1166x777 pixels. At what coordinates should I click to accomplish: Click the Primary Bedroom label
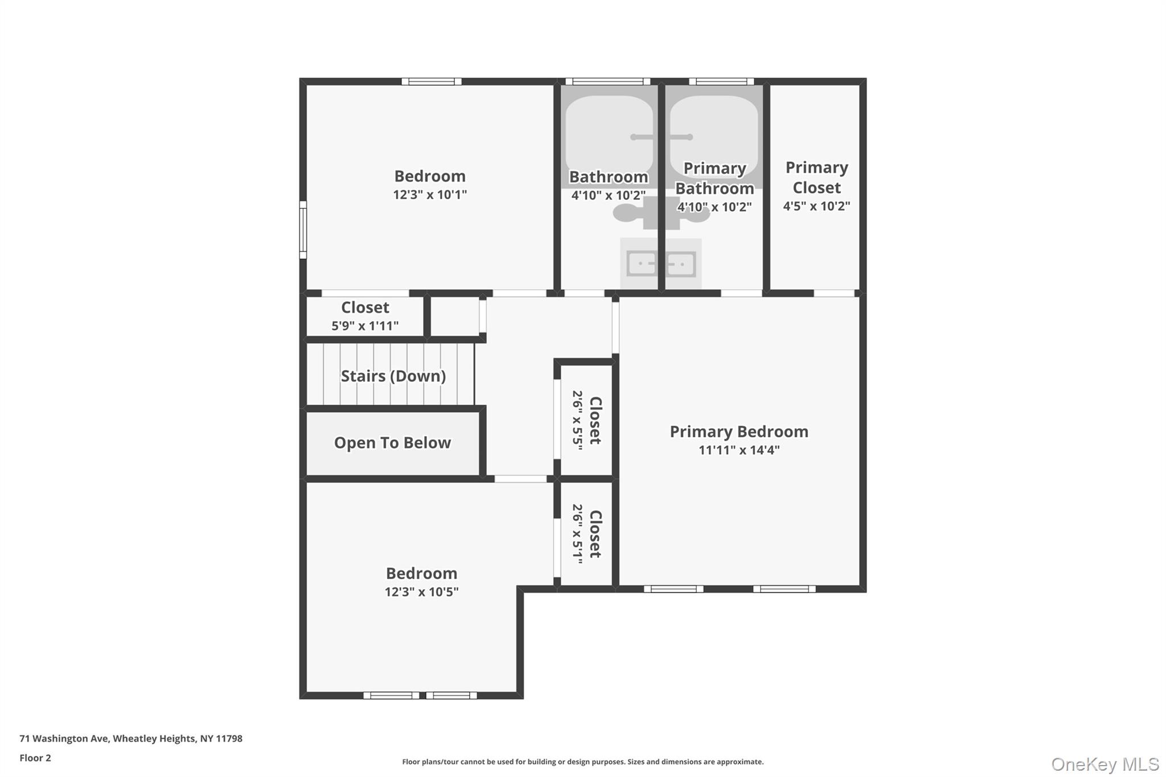pyautogui.click(x=738, y=431)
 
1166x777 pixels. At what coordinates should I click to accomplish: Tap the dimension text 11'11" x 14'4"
pyautogui.click(x=738, y=450)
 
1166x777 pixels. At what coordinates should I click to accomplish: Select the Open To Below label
pyautogui.click(x=392, y=443)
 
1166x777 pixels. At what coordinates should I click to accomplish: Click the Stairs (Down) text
pyautogui.click(x=393, y=376)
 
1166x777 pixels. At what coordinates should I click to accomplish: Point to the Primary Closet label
pyautogui.click(x=816, y=177)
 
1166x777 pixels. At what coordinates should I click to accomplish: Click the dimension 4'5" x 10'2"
pyautogui.click(x=816, y=206)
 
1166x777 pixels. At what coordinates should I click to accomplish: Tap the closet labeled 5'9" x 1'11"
pyautogui.click(x=365, y=316)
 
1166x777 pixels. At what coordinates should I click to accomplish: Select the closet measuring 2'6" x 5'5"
pyautogui.click(x=586, y=420)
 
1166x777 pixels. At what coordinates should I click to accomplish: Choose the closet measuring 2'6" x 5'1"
pyautogui.click(x=586, y=534)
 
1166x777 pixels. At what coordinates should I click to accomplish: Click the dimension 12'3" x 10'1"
pyautogui.click(x=430, y=195)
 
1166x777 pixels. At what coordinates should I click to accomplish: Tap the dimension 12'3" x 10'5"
pyautogui.click(x=421, y=592)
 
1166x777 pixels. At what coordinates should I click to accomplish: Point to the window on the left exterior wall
pyautogui.click(x=303, y=229)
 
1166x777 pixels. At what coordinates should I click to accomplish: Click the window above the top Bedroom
pyautogui.click(x=432, y=81)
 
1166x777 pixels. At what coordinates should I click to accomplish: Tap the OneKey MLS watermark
pyautogui.click(x=1105, y=764)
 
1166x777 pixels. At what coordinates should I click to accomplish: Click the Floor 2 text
pyautogui.click(x=35, y=758)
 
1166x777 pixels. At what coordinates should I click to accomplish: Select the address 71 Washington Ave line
pyautogui.click(x=131, y=738)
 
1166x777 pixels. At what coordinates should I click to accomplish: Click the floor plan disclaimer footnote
pyautogui.click(x=582, y=762)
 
